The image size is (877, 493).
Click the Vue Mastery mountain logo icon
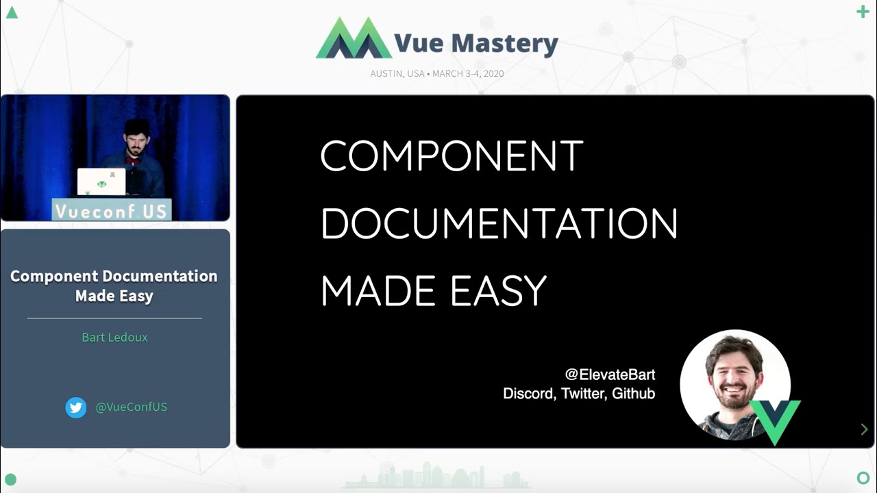tap(354, 39)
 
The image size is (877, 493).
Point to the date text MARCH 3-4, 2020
tap(468, 73)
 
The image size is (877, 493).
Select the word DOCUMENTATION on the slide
tap(499, 223)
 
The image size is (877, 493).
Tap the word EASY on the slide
tap(498, 290)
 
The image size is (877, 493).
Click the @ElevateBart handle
tap(610, 375)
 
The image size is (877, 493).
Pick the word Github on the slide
tap(633, 394)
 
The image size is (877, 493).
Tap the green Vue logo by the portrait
tap(776, 419)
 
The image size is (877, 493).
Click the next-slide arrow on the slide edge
tap(864, 429)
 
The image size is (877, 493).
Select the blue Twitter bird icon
tap(76, 407)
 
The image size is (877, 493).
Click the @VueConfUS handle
tap(131, 407)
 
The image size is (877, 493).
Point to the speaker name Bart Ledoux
tap(114, 337)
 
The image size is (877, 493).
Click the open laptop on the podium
tap(101, 182)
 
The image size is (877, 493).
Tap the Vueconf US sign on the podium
tap(112, 211)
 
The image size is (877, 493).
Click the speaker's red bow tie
tap(132, 161)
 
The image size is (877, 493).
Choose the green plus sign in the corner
tap(863, 12)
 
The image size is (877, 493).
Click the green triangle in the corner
tap(12, 12)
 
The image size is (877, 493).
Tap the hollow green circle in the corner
tap(863, 477)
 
